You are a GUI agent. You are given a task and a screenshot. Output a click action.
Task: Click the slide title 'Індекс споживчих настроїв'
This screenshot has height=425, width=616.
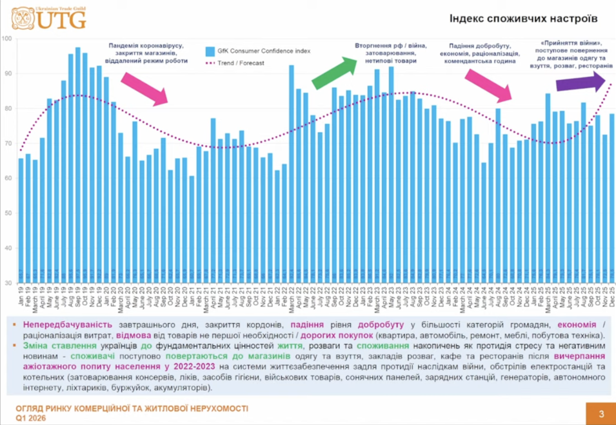pyautogui.click(x=523, y=20)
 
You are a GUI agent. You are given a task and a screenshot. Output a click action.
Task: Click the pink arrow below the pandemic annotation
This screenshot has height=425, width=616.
pyautogui.click(x=145, y=88)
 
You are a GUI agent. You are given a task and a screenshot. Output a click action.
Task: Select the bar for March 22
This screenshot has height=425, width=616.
pyautogui.click(x=292, y=174)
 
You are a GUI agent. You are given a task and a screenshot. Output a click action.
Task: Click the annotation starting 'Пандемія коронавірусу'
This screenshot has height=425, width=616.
pyautogui.click(x=148, y=53)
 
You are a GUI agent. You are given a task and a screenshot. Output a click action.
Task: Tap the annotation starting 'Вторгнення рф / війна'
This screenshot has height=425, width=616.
pyautogui.click(x=385, y=53)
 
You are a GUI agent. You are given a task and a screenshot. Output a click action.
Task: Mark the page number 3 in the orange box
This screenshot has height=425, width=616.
pyautogui.click(x=601, y=413)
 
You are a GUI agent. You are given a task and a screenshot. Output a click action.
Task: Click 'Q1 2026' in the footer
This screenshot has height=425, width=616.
pyautogui.click(x=32, y=418)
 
